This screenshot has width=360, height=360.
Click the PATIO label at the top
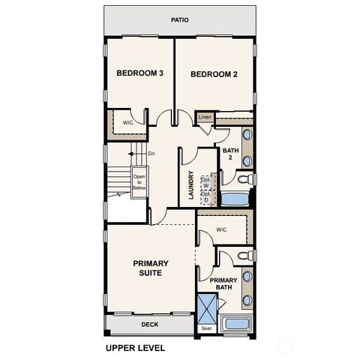(179, 20)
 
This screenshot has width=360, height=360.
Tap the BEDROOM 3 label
(139, 73)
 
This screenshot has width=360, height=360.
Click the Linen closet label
(205, 118)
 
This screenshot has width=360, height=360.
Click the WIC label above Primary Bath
(221, 229)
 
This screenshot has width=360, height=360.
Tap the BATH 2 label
(230, 154)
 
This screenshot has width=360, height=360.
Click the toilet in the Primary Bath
(242, 257)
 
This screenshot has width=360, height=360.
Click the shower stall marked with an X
(206, 307)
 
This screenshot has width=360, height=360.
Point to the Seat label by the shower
(206, 328)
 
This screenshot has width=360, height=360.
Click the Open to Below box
(139, 183)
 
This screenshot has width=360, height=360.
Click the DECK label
(150, 325)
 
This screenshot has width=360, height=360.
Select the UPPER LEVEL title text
(135, 348)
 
